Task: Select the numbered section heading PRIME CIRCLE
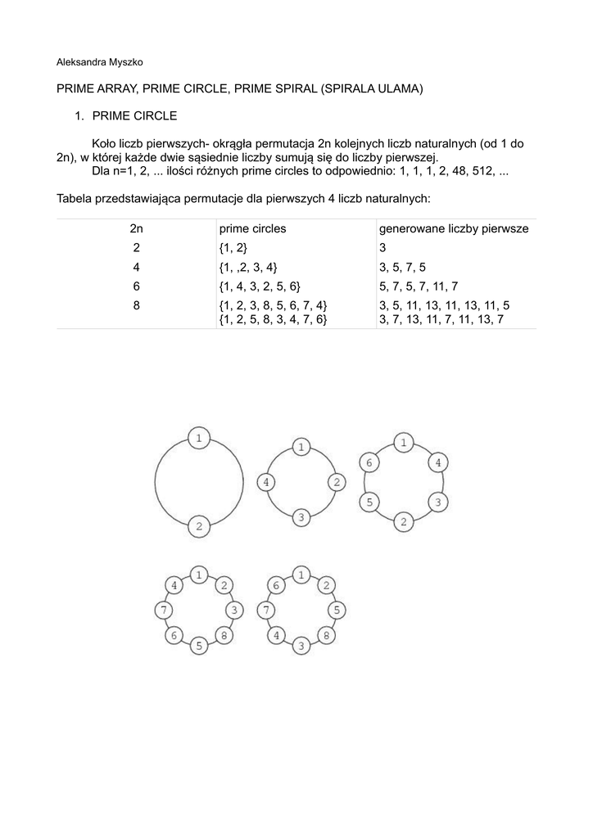coord(134,116)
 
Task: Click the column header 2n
coord(136,229)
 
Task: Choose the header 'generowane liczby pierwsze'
coord(453,229)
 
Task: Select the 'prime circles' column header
coord(252,229)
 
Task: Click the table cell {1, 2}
coord(233,248)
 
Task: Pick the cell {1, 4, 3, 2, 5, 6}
coord(260,286)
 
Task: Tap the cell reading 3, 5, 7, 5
coord(402,267)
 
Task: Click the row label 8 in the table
coord(136,304)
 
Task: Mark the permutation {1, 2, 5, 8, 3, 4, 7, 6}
coord(273,319)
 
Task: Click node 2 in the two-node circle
coord(198,525)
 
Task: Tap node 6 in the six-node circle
coord(369,463)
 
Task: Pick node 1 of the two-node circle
coord(198,439)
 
